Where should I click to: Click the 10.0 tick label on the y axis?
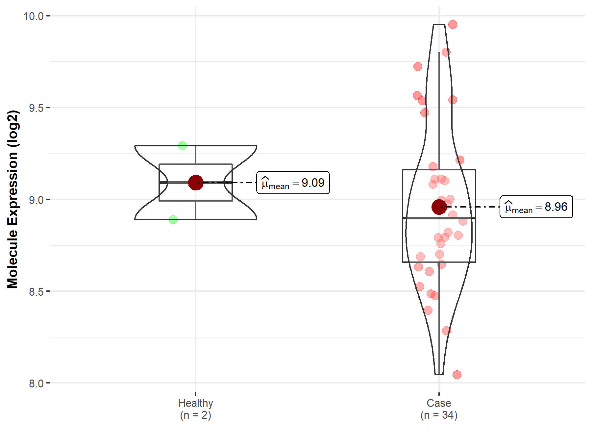pos(34,16)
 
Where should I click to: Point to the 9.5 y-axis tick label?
pos(36,108)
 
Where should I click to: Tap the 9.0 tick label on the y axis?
pos(36,200)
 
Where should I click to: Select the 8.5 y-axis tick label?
pos(36,291)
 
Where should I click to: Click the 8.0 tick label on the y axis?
pos(36,383)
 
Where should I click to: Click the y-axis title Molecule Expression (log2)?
pos(12,199)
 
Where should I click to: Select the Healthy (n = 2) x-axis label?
pos(196,409)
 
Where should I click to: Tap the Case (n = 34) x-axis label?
pos(439,409)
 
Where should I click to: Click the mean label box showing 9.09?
pos(293,183)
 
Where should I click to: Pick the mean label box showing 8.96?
pos(536,207)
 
